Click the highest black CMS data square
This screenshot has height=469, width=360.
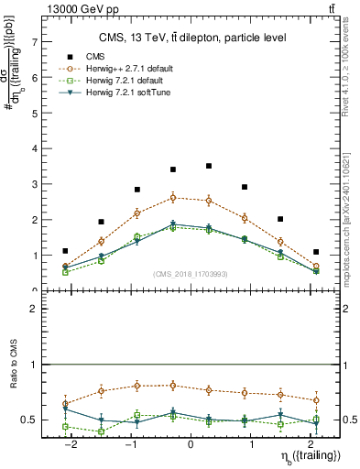pos(209,166)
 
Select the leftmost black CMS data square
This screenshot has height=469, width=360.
pos(65,251)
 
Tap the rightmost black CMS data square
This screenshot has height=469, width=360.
pos(316,252)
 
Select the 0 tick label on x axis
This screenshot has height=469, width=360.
pos(191,444)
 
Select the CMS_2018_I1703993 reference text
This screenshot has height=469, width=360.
pos(190,274)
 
